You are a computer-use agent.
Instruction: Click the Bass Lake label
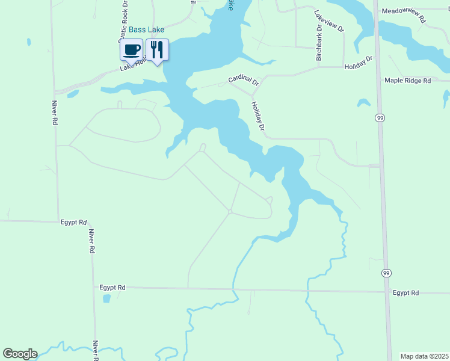146,29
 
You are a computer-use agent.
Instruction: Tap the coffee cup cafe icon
131,49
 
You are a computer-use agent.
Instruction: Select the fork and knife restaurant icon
157,49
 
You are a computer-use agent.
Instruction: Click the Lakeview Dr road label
328,21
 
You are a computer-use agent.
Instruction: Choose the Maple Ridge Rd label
408,81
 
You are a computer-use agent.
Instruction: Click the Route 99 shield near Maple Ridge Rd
380,119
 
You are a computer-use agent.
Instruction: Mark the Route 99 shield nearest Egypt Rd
384,273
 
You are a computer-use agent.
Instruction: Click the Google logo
20,354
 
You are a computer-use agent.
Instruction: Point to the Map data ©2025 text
425,356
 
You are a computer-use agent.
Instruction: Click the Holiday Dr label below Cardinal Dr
257,116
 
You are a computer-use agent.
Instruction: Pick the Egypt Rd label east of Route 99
405,293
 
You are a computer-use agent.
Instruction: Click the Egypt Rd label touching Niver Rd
74,222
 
